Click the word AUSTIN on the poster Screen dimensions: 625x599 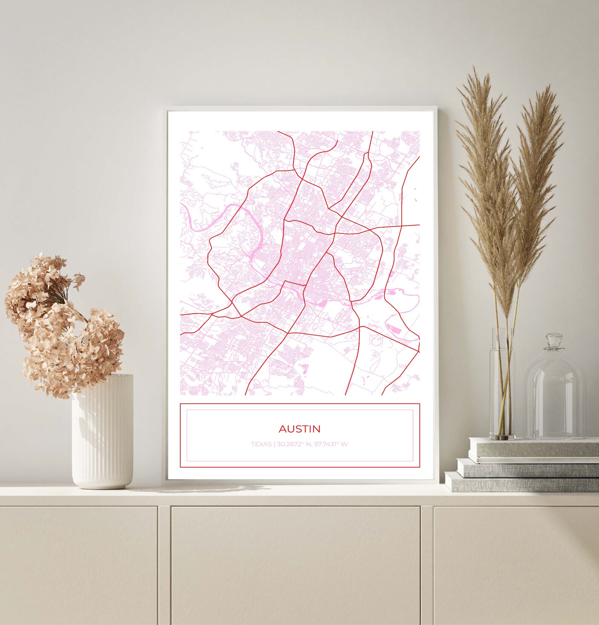tap(299, 429)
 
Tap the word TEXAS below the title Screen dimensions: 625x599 tap(261, 444)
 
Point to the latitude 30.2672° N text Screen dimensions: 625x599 tap(294, 444)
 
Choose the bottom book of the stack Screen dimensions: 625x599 tap(521, 482)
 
